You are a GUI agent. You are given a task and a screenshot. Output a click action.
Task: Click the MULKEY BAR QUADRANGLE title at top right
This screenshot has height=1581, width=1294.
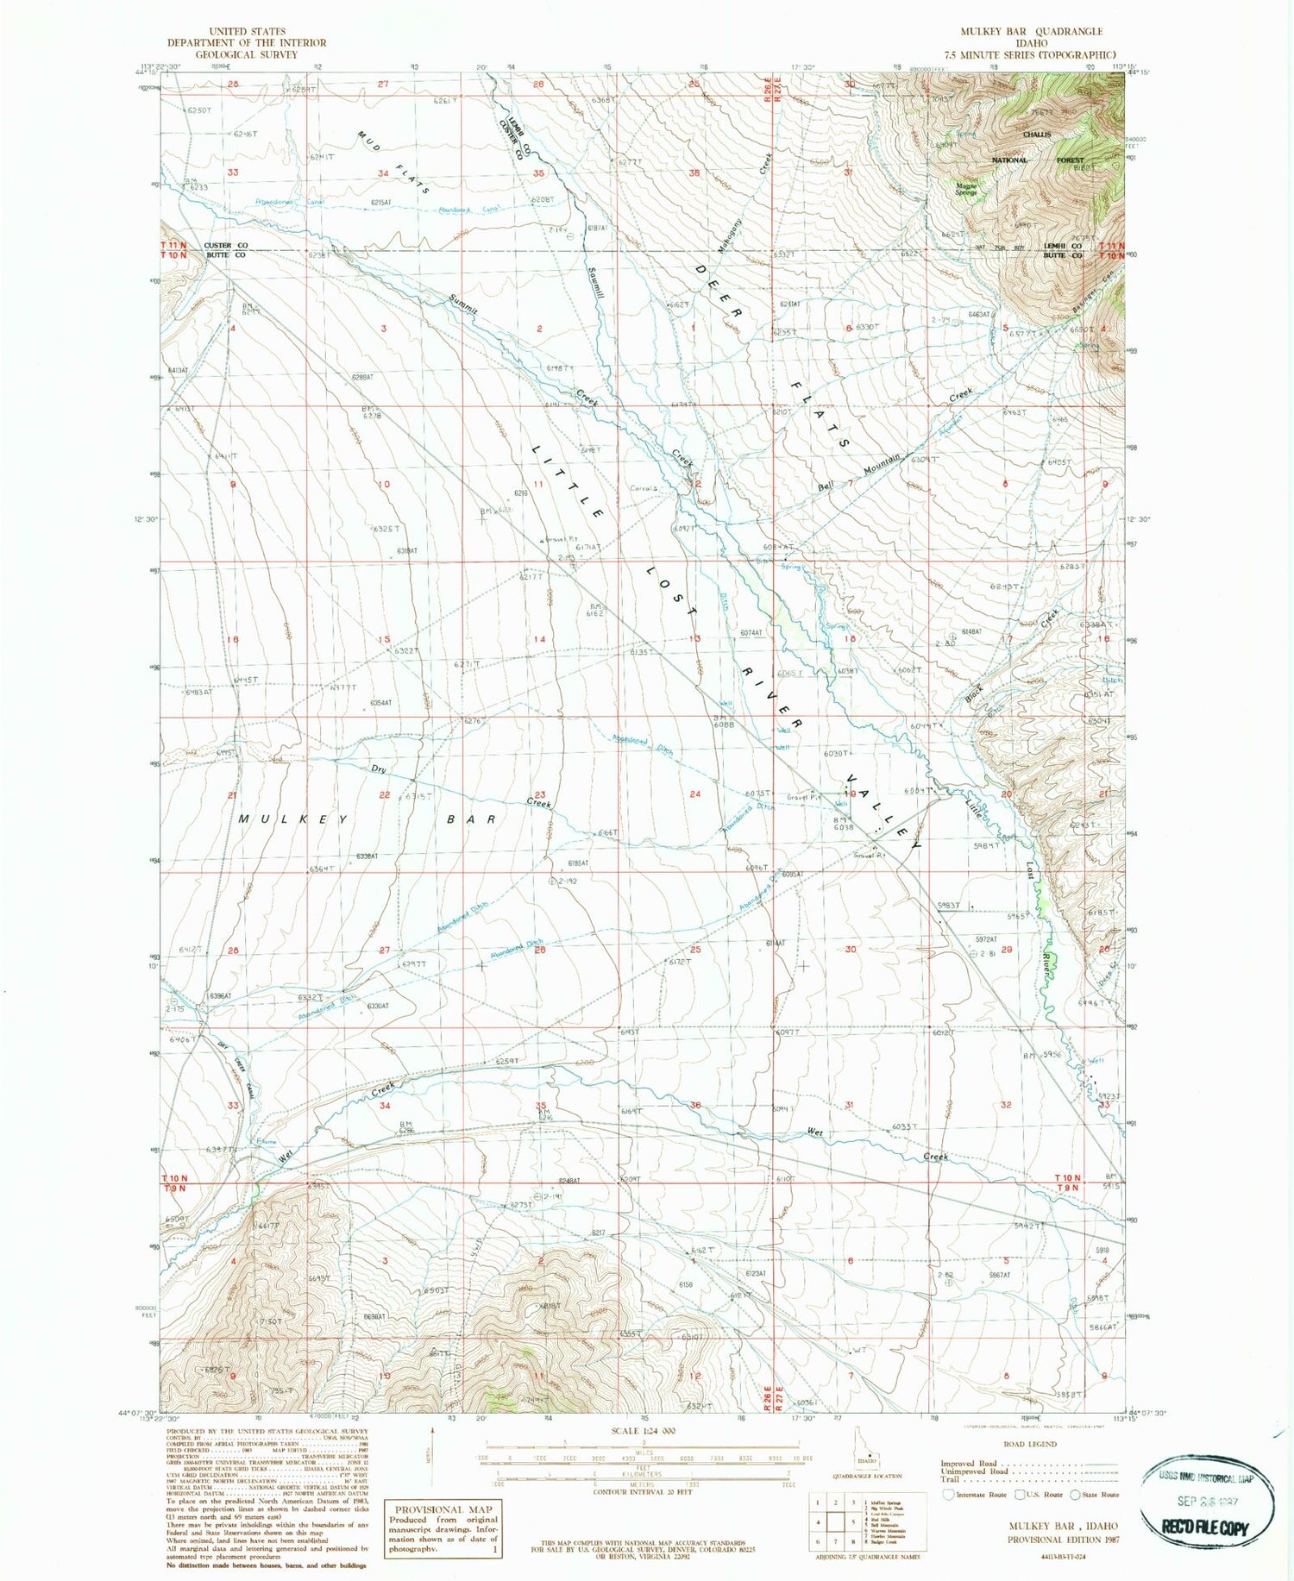[1031, 31]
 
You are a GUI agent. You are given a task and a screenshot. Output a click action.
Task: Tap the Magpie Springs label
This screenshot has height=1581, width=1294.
[966, 187]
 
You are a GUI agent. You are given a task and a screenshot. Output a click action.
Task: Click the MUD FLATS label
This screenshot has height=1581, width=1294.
[392, 162]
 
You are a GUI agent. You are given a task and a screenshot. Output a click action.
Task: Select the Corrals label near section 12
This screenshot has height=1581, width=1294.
[644, 489]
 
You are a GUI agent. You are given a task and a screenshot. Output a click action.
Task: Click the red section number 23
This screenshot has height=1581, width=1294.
[539, 795]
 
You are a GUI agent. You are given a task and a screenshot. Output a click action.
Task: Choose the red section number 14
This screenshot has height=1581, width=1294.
[539, 639]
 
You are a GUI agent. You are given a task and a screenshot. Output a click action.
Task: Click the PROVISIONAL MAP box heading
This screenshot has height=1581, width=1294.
[440, 1509]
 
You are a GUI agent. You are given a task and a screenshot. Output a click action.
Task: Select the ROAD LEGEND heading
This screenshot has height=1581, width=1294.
[1030, 1444]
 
